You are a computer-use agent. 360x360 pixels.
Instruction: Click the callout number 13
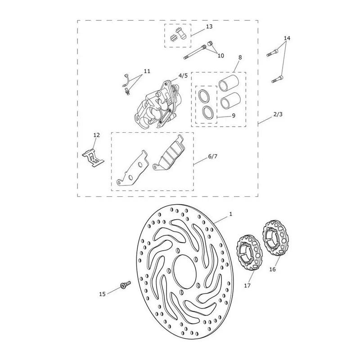209,27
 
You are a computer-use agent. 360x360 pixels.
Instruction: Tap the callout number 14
287,38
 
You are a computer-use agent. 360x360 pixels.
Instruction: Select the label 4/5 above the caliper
183,76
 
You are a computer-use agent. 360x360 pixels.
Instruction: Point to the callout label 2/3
278,114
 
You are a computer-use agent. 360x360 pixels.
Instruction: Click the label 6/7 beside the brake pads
212,156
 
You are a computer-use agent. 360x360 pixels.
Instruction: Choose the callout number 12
97,135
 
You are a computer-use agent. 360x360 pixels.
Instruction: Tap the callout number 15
103,294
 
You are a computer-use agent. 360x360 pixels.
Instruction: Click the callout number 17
247,286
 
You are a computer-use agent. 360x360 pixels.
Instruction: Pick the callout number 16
272,269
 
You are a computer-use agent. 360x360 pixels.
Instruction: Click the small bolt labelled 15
126,284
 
